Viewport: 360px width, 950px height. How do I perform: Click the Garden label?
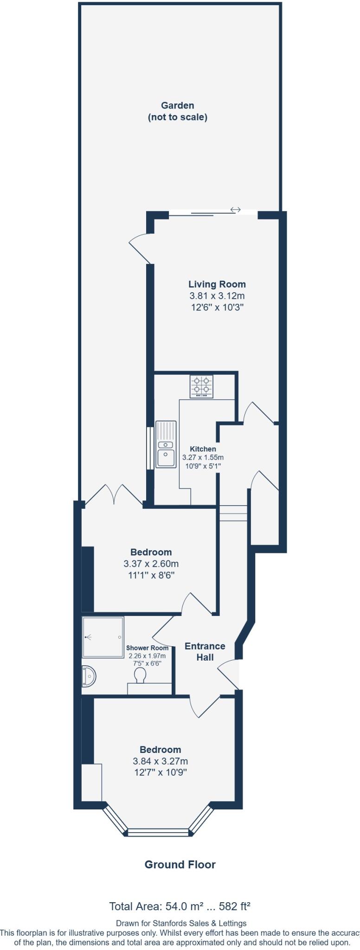click(x=177, y=106)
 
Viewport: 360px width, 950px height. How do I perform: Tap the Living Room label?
click(x=217, y=284)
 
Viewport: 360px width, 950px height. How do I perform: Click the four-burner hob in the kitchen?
click(x=201, y=386)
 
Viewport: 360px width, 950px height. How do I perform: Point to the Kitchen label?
click(x=203, y=449)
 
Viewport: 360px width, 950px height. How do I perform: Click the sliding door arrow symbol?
click(x=235, y=210)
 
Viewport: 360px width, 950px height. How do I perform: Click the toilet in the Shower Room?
click(x=139, y=676)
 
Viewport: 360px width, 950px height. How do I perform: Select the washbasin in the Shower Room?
click(x=89, y=676)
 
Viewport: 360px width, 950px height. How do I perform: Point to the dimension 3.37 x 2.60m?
click(x=151, y=564)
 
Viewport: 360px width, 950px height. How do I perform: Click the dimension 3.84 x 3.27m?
click(x=160, y=761)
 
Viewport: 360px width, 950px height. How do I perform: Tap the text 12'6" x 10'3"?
click(x=216, y=307)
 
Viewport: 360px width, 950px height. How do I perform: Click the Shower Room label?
click(x=147, y=648)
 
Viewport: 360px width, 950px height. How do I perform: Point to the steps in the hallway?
click(x=233, y=513)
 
